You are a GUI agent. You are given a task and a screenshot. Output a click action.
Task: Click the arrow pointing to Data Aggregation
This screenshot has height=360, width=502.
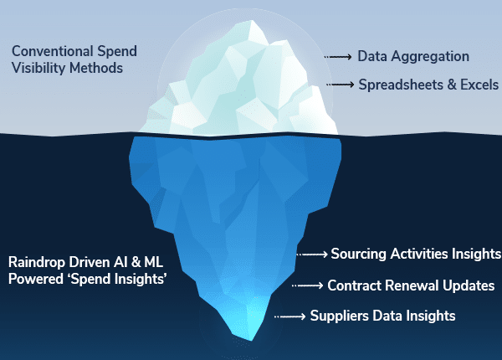[x=338, y=57]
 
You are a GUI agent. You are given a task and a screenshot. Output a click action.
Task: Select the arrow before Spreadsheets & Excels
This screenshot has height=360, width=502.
[x=341, y=85]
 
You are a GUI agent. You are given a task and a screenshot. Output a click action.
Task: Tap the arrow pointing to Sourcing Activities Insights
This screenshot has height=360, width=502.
[x=312, y=255]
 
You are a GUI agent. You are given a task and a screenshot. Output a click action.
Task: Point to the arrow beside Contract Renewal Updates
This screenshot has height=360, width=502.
[x=308, y=285]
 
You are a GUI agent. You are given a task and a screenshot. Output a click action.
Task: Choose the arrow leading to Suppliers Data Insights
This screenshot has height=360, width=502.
[x=290, y=316]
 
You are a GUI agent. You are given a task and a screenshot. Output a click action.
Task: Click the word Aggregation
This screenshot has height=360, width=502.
[x=430, y=57]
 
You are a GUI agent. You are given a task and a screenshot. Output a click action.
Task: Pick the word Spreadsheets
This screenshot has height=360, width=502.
[x=401, y=85]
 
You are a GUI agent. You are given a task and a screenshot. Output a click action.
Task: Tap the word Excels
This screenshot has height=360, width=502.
[x=479, y=85]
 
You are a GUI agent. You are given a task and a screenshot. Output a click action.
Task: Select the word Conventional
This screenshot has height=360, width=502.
[x=53, y=51]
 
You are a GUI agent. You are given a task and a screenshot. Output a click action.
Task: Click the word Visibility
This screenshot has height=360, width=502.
[x=38, y=68]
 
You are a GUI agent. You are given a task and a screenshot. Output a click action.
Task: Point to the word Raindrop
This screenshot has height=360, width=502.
[x=37, y=262]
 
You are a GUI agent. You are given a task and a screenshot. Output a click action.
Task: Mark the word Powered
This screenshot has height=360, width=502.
[x=36, y=279]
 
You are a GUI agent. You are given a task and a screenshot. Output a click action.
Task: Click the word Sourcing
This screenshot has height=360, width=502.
[x=358, y=254]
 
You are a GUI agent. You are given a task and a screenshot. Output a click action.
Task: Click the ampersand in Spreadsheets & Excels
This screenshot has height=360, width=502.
[x=452, y=85]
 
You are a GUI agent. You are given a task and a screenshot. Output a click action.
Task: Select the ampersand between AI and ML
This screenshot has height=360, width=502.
[x=136, y=262]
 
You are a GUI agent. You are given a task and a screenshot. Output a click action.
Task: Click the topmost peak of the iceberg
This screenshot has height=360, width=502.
[x=253, y=21]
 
